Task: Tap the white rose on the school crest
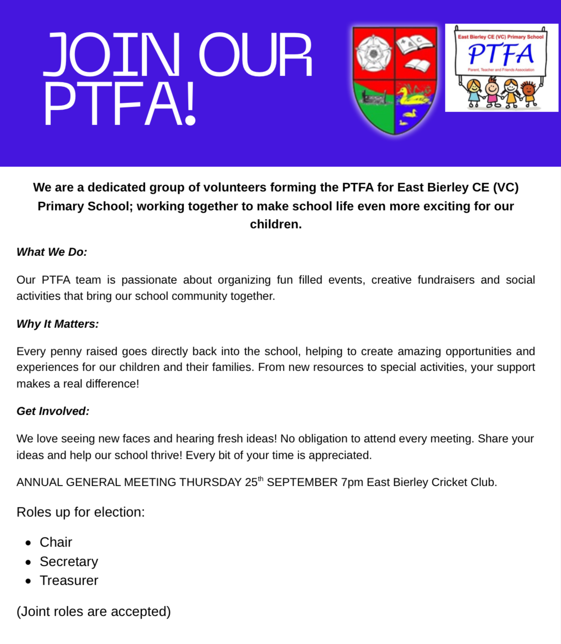373,54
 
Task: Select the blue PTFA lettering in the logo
501,54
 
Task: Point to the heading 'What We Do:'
52,252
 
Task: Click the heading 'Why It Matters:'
58,324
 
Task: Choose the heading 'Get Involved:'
53,411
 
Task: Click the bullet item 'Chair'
56,542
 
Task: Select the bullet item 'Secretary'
69,562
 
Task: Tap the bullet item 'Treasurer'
69,581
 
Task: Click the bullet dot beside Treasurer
28,581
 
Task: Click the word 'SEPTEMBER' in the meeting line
302,483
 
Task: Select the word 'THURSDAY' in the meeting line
211,483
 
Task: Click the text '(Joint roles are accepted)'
94,612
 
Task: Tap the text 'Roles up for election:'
81,512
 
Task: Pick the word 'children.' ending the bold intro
276,224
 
